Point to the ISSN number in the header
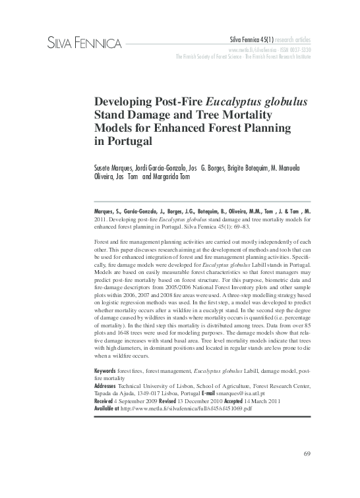click(x=294, y=49)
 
